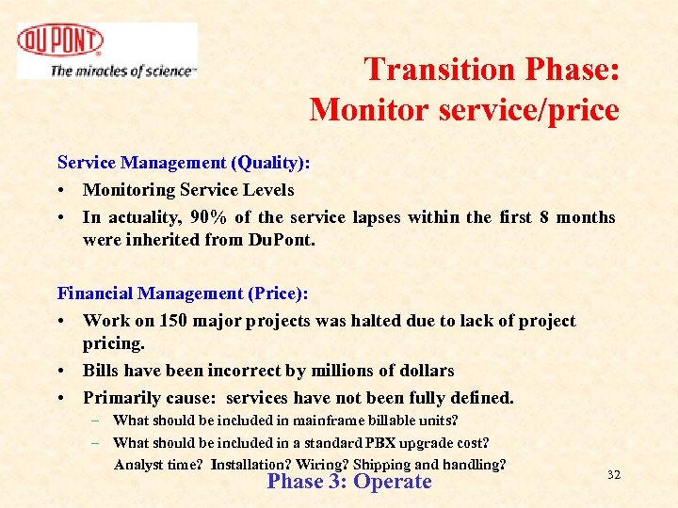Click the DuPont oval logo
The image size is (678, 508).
60,42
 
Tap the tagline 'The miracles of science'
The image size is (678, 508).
122,71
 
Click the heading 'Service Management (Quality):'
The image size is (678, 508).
185,163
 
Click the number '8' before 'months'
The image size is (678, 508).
545,217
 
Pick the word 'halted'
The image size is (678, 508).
379,321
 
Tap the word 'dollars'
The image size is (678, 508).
426,371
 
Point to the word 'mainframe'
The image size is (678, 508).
324,421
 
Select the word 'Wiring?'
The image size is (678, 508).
326,464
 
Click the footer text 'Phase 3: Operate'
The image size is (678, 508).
349,482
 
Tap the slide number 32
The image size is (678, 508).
613,475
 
